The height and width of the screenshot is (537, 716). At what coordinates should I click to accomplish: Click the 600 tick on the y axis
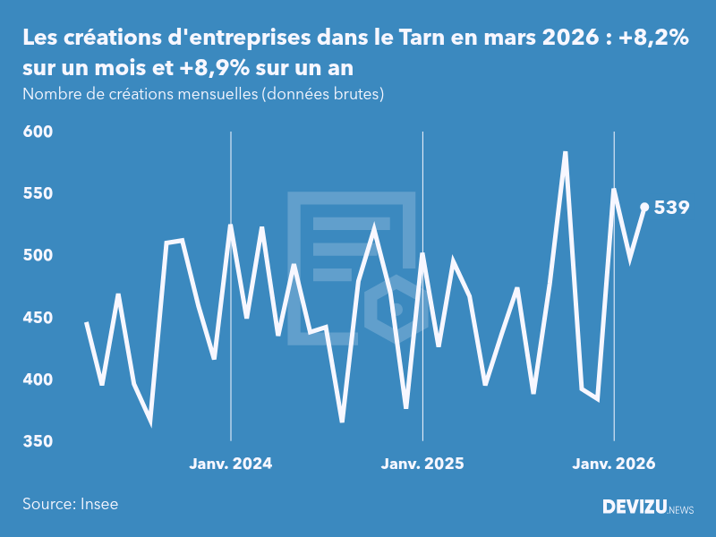click(38, 132)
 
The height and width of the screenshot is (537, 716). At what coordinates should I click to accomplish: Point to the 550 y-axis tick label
click(38, 193)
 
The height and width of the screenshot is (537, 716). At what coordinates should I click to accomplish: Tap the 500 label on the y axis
click(38, 256)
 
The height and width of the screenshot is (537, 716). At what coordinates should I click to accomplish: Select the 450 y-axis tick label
click(38, 318)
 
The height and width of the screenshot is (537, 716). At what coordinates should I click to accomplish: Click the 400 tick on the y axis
click(38, 379)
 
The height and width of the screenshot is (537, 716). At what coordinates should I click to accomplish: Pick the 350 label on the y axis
click(38, 442)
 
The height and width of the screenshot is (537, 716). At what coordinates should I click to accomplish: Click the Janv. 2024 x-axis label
click(231, 464)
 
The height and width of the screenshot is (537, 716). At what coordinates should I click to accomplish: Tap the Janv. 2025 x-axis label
click(422, 464)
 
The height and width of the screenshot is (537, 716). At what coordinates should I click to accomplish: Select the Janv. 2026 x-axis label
click(614, 464)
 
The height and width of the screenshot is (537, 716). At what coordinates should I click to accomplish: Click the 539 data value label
click(671, 208)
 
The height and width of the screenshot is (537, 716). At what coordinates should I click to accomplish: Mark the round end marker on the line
click(644, 207)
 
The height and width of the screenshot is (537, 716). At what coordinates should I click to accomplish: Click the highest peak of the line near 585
click(566, 152)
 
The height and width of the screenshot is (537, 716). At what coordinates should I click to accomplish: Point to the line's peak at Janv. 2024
click(231, 226)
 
